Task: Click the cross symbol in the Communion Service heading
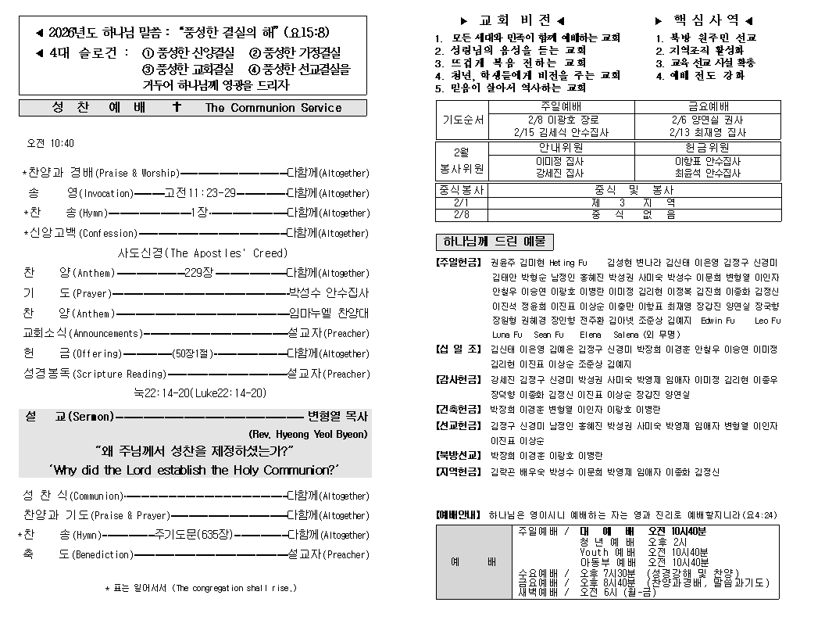click(177, 107)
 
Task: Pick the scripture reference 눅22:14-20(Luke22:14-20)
click(200, 393)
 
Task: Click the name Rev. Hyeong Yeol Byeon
click(308, 434)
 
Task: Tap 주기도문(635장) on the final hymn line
click(192, 535)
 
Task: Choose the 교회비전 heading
click(512, 20)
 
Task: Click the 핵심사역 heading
click(704, 20)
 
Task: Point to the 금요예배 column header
click(708, 106)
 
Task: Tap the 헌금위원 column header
click(708, 147)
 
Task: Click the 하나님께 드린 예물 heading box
click(495, 242)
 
